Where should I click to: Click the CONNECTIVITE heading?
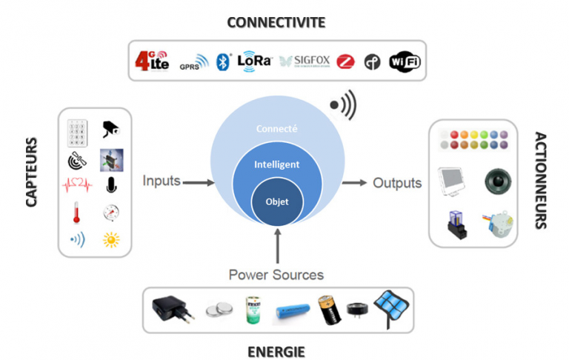[x=276, y=22]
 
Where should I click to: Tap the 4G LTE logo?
[x=151, y=61]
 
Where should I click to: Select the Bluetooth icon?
[x=221, y=61]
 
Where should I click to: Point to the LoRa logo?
[x=255, y=61]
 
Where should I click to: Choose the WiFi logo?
[x=405, y=61]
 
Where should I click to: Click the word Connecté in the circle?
[x=276, y=128]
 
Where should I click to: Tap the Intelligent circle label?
[x=276, y=164]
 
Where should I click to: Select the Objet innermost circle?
[x=276, y=200]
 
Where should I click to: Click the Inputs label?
[x=162, y=181]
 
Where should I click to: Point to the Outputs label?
[x=397, y=182]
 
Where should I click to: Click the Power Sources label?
[x=276, y=275]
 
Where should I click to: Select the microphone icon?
[x=111, y=184]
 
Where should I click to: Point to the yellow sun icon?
[x=111, y=240]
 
